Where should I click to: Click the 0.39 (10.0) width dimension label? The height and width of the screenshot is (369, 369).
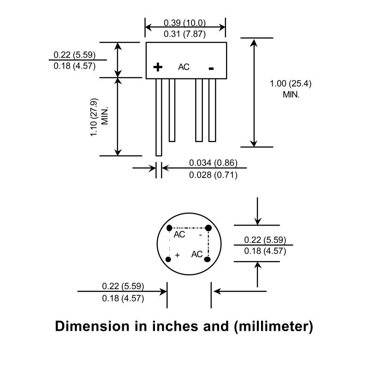click(185, 23)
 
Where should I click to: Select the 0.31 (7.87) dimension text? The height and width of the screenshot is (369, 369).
click(185, 34)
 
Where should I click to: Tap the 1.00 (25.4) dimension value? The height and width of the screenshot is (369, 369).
click(291, 83)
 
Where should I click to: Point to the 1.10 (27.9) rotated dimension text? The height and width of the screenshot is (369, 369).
click(94, 117)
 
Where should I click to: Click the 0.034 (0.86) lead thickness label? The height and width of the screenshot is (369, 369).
click(213, 163)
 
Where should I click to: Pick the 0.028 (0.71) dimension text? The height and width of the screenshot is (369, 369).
click(213, 175)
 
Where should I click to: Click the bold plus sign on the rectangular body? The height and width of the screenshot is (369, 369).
click(158, 67)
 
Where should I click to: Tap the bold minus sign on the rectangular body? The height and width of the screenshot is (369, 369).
click(211, 68)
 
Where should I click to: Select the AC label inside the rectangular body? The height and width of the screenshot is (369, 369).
click(184, 67)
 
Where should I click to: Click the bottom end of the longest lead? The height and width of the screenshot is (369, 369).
click(159, 155)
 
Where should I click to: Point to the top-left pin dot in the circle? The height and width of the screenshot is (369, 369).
click(169, 228)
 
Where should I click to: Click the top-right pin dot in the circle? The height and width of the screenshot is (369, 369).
click(208, 228)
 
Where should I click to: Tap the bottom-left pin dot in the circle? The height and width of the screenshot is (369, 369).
click(168, 259)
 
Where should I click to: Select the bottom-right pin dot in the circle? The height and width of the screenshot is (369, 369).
click(207, 259)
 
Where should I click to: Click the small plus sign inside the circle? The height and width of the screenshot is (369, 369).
click(178, 255)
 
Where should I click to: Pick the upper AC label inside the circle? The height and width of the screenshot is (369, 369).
click(179, 234)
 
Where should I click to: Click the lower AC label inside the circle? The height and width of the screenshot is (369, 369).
click(197, 254)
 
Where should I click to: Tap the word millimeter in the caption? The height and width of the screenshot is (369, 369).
click(274, 326)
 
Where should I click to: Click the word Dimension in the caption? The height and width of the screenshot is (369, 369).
click(92, 326)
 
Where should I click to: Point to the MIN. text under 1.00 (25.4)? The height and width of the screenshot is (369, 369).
click(291, 95)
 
